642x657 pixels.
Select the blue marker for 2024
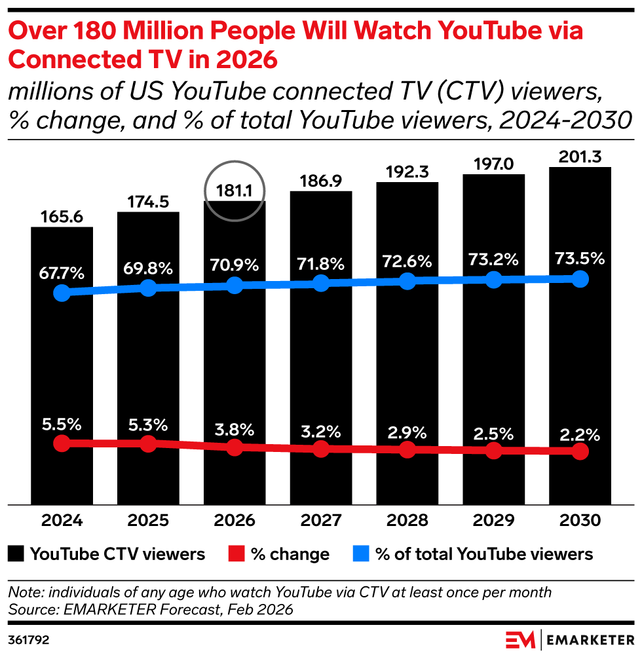coord(62,293)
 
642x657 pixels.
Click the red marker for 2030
coord(580,451)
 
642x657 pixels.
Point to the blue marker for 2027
coord(321,283)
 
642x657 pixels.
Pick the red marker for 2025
coord(148,443)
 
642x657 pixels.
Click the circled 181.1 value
coord(235,191)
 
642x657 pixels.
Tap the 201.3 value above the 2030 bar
coord(580,157)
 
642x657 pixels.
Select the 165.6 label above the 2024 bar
coord(62,217)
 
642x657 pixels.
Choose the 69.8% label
coord(148,268)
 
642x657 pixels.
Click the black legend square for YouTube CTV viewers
coord(17,554)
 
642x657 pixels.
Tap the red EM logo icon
coord(520,639)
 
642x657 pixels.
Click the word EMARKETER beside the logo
coord(588,639)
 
